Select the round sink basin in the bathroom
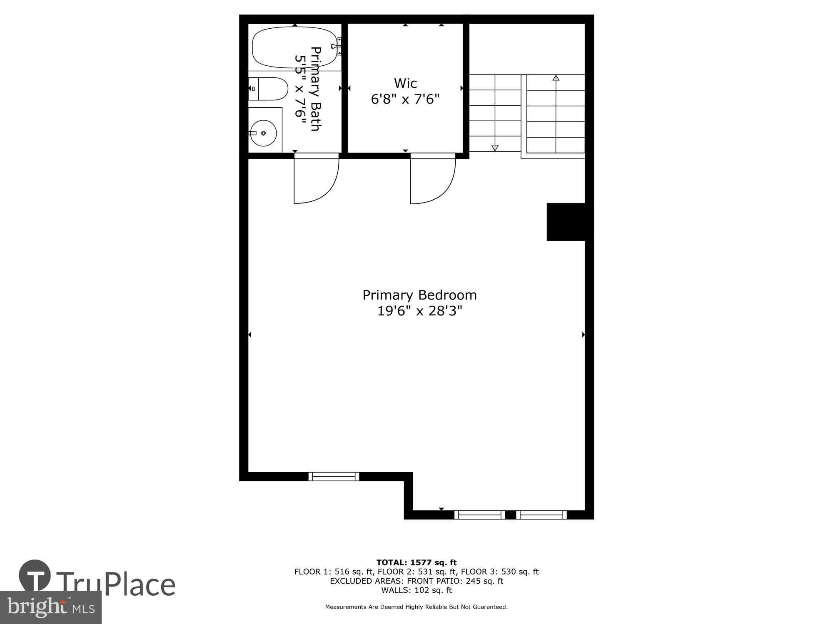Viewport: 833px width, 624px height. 263,133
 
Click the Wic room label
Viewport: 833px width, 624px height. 405,83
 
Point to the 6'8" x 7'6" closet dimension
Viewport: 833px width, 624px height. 405,99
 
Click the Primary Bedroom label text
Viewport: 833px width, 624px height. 419,295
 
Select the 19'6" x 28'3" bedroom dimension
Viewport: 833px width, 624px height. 419,311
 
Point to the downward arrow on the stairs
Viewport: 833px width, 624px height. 495,147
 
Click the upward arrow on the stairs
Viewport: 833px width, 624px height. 556,78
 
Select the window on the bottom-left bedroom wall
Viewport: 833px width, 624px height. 334,476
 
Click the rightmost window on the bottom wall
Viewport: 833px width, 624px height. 541,515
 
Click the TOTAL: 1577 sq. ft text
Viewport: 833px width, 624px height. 416,563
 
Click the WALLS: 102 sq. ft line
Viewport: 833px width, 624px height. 416,590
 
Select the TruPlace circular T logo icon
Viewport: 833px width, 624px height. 35,576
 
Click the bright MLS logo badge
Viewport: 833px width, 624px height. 51,607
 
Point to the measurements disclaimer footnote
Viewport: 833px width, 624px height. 416,607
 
